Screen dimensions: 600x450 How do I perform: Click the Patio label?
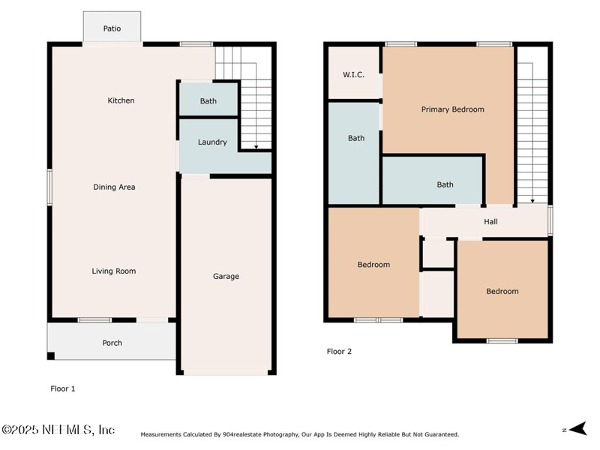tap(112, 28)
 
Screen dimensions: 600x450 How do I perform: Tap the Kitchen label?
tap(121, 100)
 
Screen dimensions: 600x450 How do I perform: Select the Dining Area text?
tap(114, 187)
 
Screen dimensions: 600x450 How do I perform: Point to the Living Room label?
tap(114, 271)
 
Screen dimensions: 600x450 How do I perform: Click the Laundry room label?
tap(212, 142)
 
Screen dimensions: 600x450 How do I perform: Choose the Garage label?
tap(226, 276)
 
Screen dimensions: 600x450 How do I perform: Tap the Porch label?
tap(112, 343)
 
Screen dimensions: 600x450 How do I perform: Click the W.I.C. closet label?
tap(353, 74)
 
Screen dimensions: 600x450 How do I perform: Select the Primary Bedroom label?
tap(453, 109)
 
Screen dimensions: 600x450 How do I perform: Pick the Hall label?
tap(490, 221)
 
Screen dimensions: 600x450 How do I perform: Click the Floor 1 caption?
tap(63, 388)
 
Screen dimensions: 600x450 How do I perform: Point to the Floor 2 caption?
tap(339, 351)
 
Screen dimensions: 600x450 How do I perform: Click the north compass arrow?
tap(577, 428)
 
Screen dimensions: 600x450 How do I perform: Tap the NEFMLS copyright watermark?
tap(58, 430)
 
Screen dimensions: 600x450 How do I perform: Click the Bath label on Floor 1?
tap(208, 101)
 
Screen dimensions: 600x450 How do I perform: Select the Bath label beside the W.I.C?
tap(355, 138)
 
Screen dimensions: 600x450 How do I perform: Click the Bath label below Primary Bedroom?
tap(445, 184)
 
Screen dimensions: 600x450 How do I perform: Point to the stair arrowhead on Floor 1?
tap(256, 147)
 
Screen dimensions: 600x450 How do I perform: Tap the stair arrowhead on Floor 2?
tap(532, 201)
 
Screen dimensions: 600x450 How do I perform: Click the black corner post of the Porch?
tap(51, 355)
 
